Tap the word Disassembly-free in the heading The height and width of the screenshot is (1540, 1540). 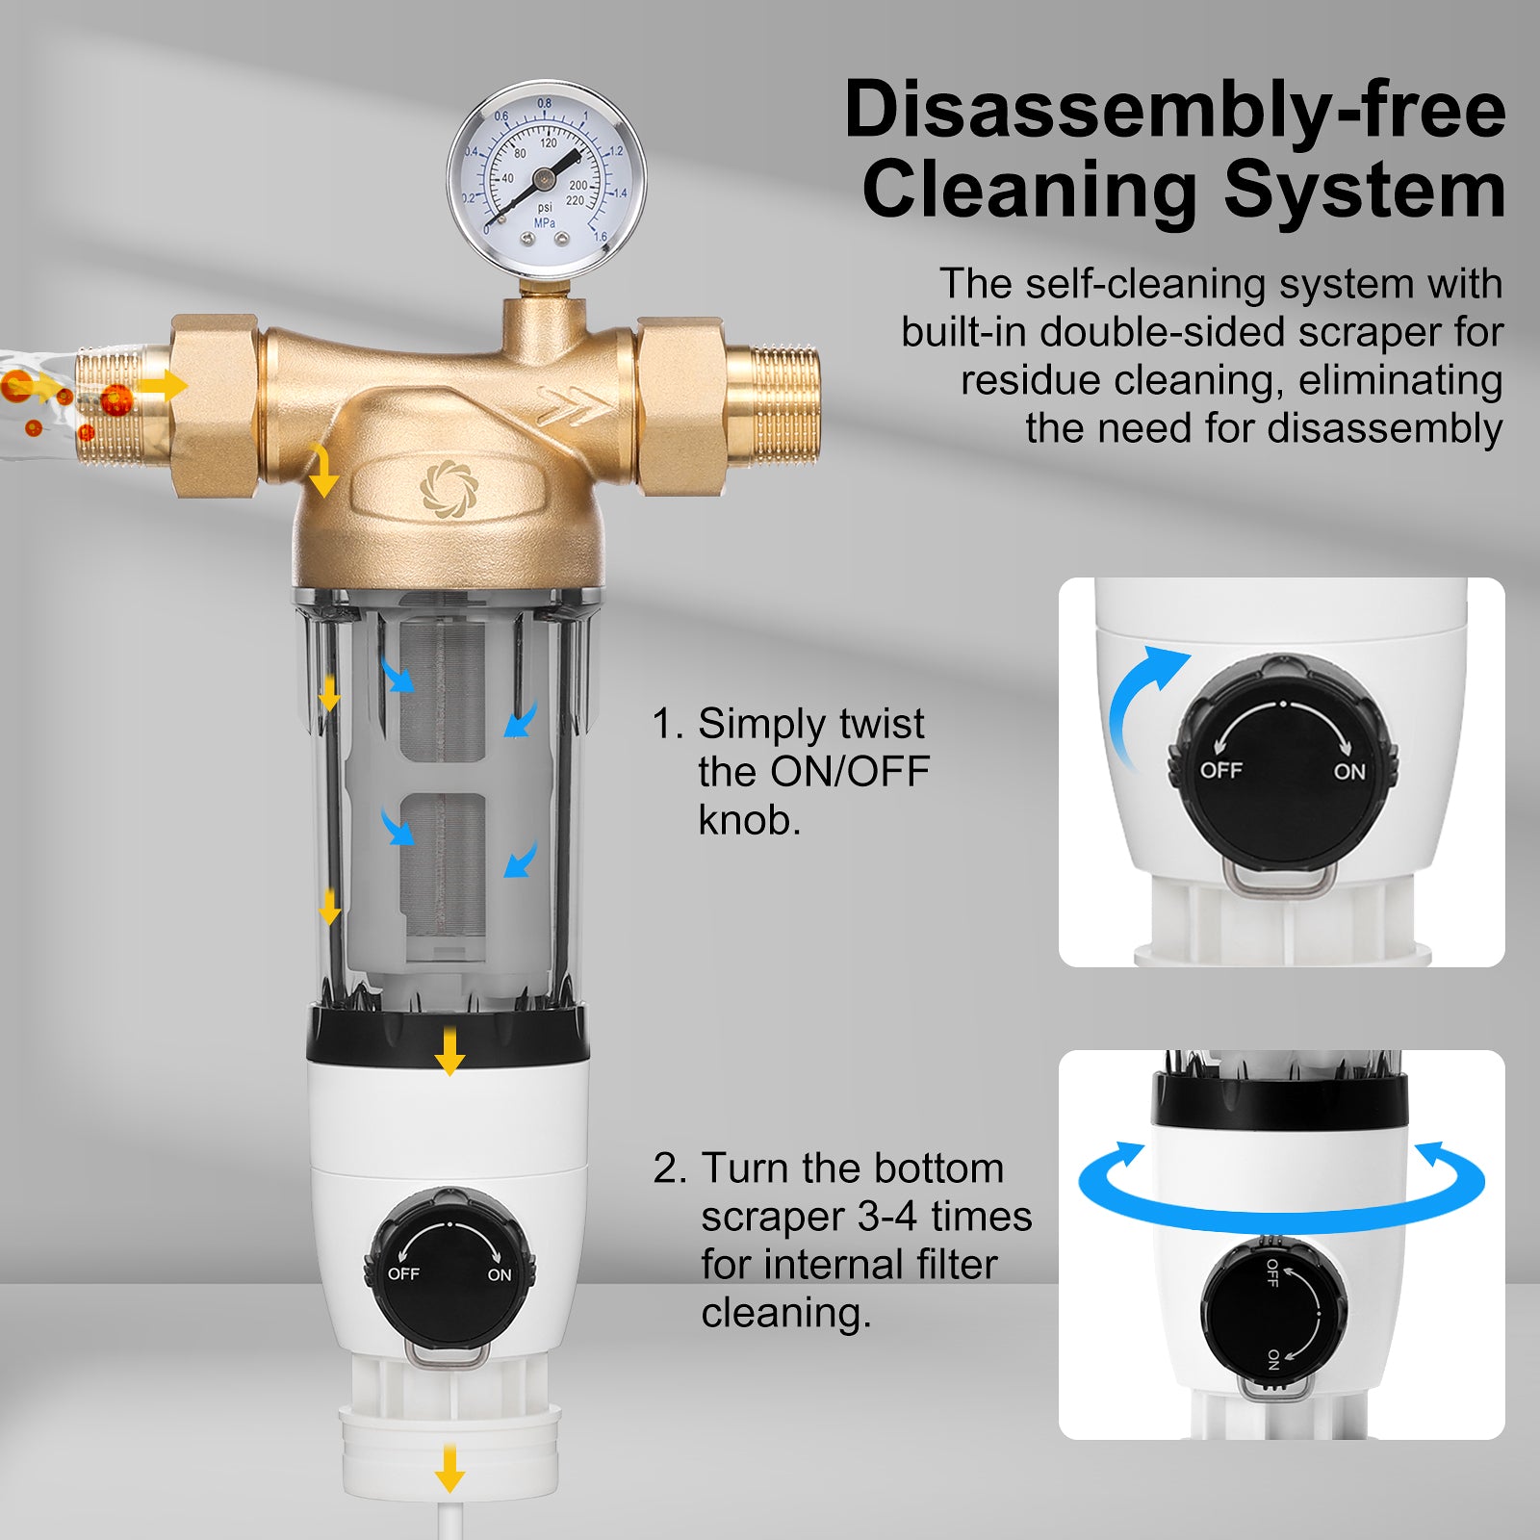coord(1174,111)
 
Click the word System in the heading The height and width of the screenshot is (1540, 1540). coord(1365,190)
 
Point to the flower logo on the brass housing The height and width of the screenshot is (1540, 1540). coord(449,488)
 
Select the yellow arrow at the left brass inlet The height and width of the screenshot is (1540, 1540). coord(163,386)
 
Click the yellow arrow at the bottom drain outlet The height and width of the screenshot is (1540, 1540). coord(449,1467)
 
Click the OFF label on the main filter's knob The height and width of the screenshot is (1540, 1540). coord(403,1273)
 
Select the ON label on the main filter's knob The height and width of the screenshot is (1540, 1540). coord(500,1274)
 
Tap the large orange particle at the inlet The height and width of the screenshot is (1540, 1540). coord(116,398)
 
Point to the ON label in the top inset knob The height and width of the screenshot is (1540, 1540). coord(1349,771)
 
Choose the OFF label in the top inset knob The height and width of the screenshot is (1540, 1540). coord(1220,770)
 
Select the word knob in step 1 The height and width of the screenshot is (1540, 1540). coord(749,820)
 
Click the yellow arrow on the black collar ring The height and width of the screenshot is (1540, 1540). coord(449,1051)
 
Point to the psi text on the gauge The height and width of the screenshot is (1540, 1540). coord(545,207)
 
